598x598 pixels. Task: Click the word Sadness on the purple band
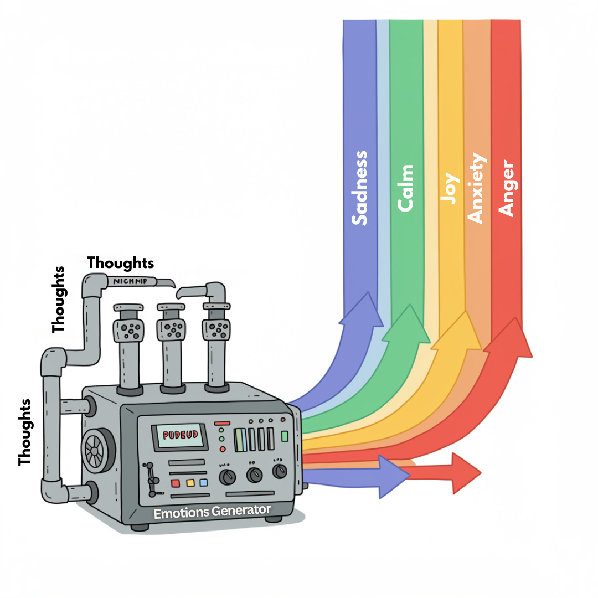point(360,188)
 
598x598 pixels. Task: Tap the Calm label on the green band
point(406,188)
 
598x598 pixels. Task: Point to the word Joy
point(450,188)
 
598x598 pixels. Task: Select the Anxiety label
point(476,188)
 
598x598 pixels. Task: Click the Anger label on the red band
point(506,188)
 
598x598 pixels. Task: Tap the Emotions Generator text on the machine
point(213,511)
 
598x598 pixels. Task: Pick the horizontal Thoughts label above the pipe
point(120,262)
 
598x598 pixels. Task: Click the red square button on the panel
point(176,483)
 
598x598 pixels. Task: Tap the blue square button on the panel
point(203,482)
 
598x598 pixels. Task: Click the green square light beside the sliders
point(285,436)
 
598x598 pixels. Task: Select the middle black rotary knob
point(254,474)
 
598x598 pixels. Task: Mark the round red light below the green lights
point(223,448)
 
